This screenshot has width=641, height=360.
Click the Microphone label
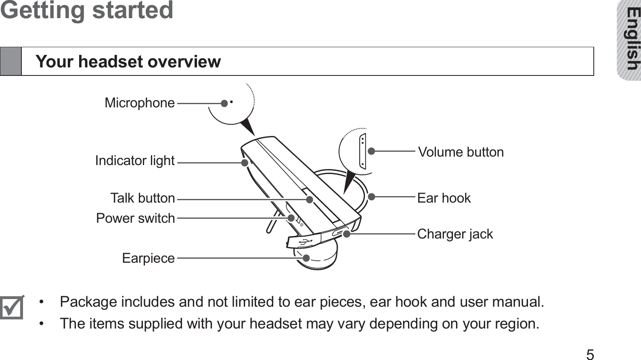point(140,103)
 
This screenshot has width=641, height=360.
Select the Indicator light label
point(135,161)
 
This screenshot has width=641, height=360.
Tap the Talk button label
point(142,198)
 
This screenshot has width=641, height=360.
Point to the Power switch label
point(135,218)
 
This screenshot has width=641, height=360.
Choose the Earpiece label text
point(148,258)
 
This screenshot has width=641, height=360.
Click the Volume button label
point(461,152)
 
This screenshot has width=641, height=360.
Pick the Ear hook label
point(444,198)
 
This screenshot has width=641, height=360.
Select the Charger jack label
point(455,234)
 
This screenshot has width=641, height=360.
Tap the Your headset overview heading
point(128,62)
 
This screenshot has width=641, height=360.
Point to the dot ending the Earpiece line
point(306,258)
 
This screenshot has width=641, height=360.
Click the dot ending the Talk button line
point(309,199)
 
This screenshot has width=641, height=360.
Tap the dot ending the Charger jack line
point(346,234)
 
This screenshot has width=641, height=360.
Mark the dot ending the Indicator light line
point(245,163)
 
